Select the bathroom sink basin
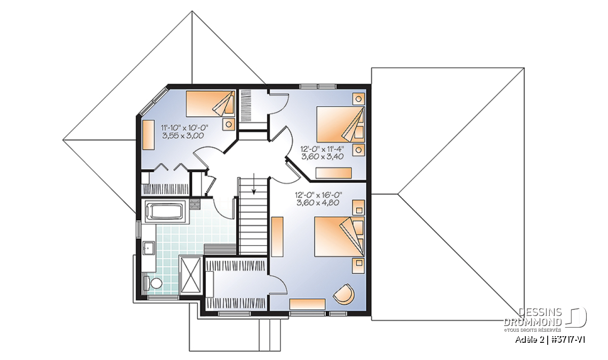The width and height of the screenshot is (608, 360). pos(148,249)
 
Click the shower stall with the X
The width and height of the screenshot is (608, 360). pos(191,275)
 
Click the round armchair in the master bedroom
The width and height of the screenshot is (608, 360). pos(344,294)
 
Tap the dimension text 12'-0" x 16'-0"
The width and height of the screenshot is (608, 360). pos(318,195)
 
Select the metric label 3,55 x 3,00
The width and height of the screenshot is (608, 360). pos(183,136)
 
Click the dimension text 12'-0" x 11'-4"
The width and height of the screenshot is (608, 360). pos(322,149)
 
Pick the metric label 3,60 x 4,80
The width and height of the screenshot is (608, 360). pos(318,203)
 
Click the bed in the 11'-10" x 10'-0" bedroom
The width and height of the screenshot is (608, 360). pos(211,104)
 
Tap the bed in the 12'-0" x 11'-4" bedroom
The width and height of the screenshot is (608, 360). pos(340,124)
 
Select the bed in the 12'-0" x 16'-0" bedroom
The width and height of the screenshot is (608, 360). pos(339,236)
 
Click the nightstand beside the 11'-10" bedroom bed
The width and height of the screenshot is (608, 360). pos(229,125)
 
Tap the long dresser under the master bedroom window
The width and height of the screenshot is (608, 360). pos(308,304)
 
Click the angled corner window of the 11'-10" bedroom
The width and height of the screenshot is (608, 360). pos(153,101)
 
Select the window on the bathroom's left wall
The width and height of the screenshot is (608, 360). pos(139,230)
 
